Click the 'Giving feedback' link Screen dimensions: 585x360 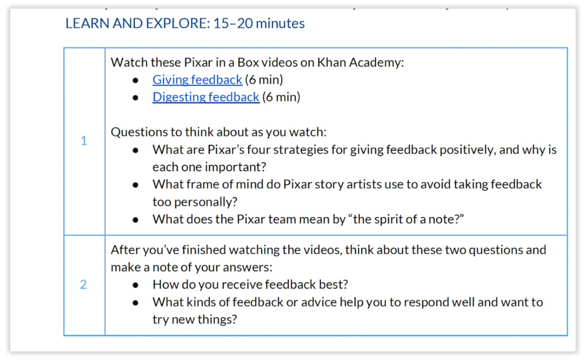click(x=198, y=80)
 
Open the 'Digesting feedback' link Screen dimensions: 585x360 click(x=206, y=97)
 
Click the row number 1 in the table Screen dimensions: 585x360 click(x=84, y=141)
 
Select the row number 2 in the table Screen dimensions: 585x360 click(x=84, y=284)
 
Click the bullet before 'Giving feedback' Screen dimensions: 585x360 click(x=135, y=81)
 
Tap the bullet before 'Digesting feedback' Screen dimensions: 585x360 click(x=135, y=97)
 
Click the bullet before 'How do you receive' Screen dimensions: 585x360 click(x=135, y=285)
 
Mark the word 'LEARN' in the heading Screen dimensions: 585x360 click(x=87, y=24)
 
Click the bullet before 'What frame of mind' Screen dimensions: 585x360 click(x=135, y=185)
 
